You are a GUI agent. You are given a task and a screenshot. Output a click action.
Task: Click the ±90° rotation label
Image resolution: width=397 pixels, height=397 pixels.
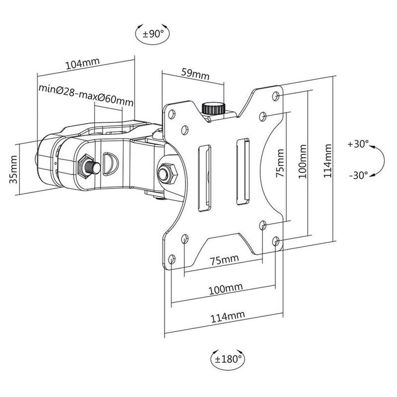click(153, 34)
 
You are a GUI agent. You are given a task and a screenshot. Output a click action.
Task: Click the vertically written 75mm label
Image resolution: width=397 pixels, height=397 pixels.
click(280, 164)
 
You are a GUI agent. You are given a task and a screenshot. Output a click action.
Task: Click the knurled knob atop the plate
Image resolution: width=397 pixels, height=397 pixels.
click(213, 107)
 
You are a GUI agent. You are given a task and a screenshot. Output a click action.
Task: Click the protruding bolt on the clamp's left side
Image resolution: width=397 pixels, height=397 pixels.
click(91, 166)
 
